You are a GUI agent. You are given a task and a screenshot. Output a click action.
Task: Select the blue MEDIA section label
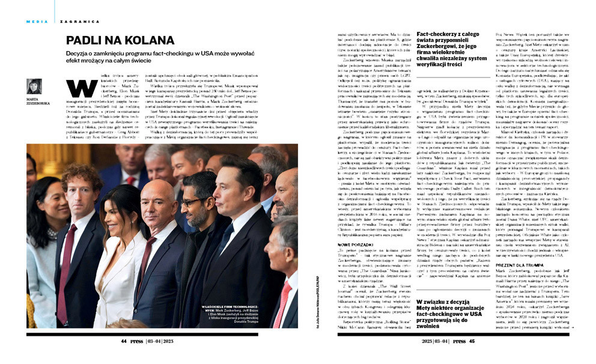[37, 22]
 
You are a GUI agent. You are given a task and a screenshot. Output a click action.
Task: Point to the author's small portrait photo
[34, 86]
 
